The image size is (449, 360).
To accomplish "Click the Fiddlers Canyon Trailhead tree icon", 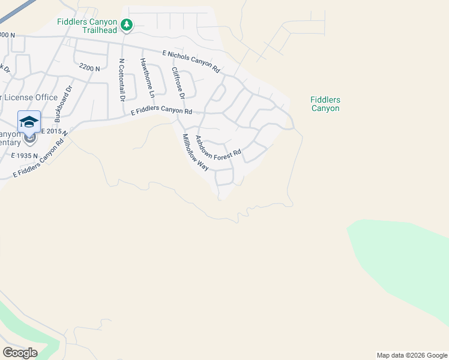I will coord(126,25).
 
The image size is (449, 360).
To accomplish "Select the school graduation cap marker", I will coord(29,122).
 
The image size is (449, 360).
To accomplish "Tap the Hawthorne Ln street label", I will coord(148,78).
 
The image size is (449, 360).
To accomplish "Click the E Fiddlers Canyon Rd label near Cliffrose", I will coord(161,112).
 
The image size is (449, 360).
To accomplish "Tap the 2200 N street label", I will coord(89,69).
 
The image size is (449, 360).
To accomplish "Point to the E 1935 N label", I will coord(25,155).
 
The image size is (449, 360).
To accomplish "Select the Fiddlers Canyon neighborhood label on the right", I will coord(325,104).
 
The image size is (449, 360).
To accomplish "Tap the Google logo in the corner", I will coord(20,352).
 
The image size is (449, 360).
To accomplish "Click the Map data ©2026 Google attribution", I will coord(412,355).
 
